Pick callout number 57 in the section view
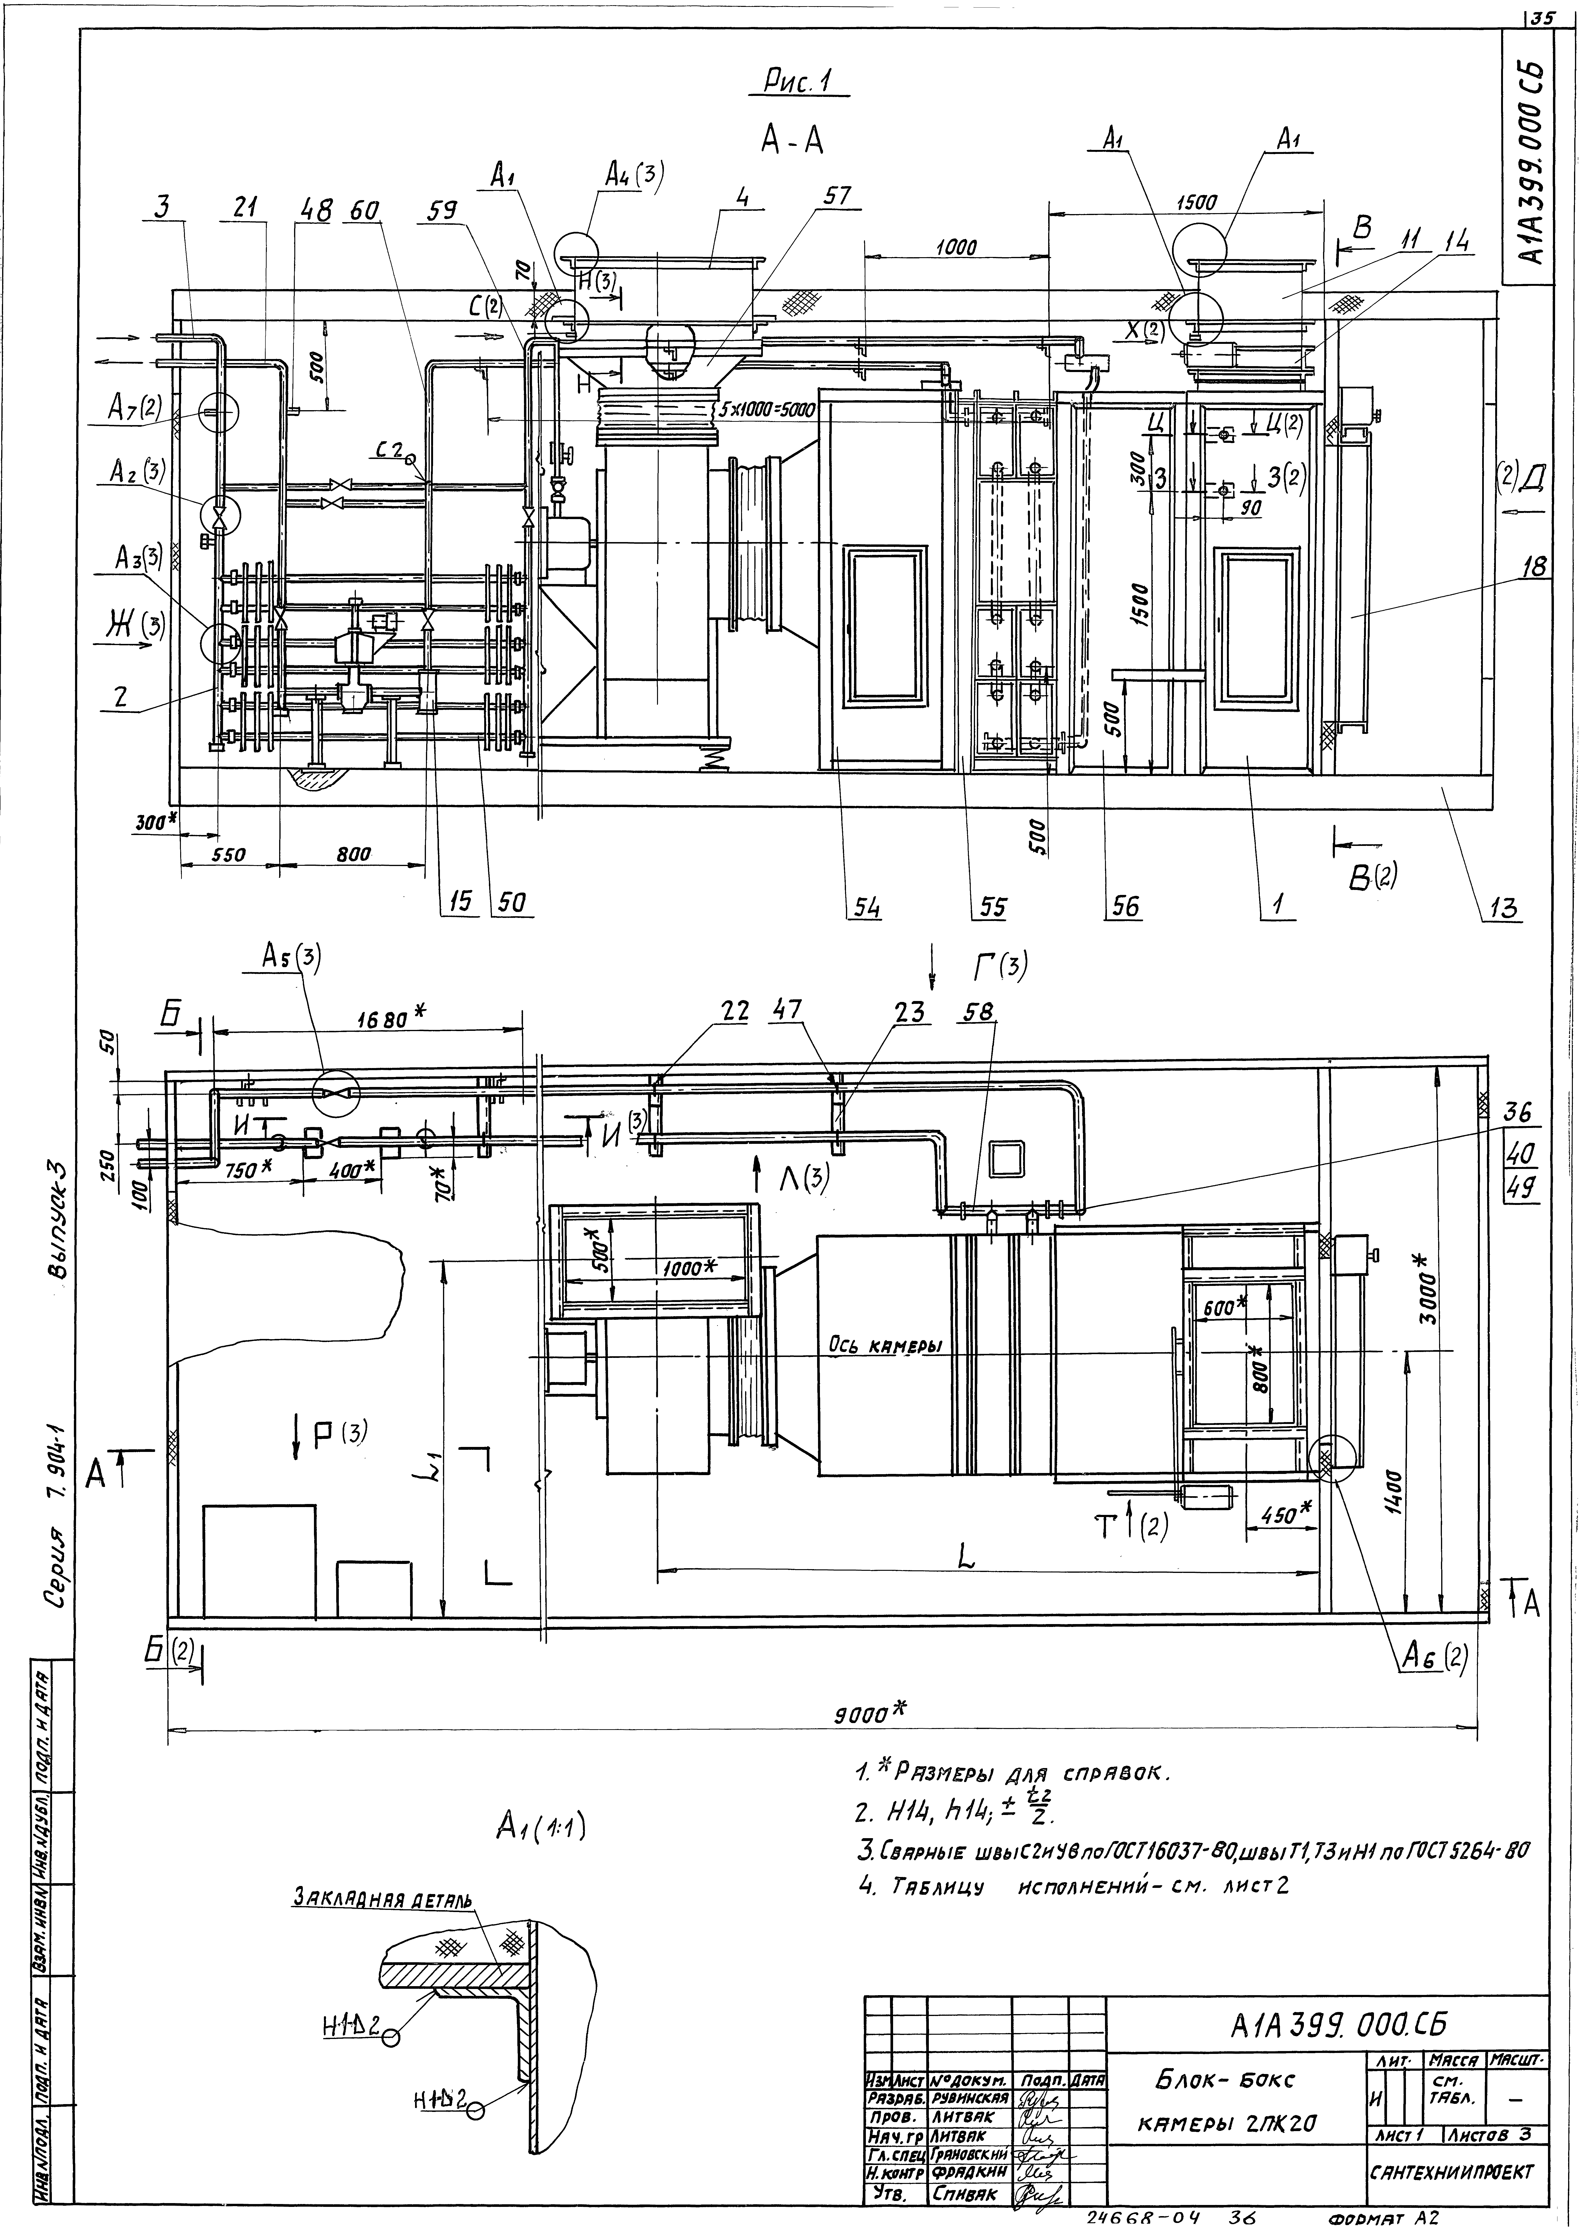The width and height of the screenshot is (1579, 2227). pyautogui.click(x=836, y=195)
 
